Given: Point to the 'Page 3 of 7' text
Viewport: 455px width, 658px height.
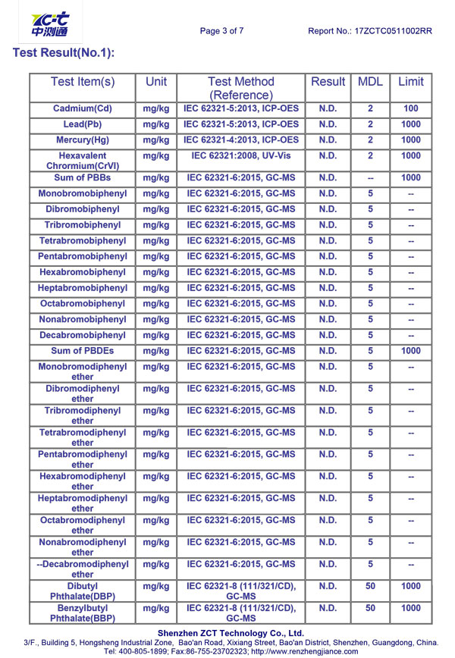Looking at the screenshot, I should coord(221,31).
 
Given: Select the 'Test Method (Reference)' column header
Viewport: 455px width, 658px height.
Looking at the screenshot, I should coord(240,88).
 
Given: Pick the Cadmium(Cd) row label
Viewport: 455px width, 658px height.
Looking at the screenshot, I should coord(83,108).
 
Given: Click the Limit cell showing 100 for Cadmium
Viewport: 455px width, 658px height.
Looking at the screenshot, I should coord(410,108).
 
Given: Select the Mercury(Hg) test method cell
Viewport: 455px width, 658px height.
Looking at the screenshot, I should coord(240,140).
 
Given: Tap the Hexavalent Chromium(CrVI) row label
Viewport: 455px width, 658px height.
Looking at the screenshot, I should coord(83,161).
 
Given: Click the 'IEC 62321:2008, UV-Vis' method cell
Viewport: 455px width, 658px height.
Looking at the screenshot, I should coord(240,156).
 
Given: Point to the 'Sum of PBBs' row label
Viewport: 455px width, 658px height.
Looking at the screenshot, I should coord(83,177).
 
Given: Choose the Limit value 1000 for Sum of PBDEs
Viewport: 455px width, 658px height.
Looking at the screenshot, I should coord(410,351).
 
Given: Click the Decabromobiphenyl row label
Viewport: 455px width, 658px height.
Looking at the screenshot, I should coord(83,335).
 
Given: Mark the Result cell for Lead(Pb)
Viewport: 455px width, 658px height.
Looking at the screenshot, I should coord(328,124).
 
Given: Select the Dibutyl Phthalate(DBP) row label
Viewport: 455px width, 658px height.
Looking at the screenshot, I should coord(83,592).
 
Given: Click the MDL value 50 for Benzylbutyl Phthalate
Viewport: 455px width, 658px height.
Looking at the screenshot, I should coord(370,609).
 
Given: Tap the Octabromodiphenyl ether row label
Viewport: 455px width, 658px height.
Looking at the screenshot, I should coord(83,525).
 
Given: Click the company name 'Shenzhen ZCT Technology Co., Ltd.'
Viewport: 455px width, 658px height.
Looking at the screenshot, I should coord(231,633).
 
